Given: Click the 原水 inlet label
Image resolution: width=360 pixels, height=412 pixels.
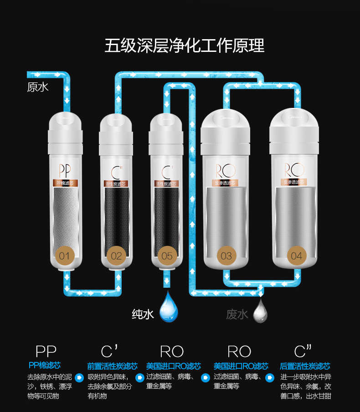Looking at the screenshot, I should (37, 86).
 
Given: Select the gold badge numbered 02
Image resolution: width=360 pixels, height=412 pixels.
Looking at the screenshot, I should (117, 255).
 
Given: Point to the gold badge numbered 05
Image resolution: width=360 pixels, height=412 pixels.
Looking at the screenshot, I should (167, 255).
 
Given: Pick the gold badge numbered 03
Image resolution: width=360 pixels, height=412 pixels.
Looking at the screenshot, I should (226, 255).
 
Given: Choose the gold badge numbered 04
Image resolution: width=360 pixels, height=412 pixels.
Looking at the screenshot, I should (296, 255).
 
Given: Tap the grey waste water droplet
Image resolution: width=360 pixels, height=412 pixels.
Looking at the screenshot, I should (260, 311).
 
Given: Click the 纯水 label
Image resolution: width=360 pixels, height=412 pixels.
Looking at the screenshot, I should (143, 314).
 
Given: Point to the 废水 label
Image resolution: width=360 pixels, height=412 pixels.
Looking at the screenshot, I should (237, 314).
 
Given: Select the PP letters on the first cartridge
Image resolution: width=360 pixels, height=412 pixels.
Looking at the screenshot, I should (65, 171).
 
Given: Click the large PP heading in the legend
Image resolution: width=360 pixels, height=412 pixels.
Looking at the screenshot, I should (46, 351).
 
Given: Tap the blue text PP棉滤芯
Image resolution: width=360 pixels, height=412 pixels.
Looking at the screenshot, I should (44, 365).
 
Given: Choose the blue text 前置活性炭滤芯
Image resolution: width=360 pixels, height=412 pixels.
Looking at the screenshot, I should (112, 366).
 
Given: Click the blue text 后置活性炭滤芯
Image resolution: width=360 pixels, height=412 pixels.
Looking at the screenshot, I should (305, 366).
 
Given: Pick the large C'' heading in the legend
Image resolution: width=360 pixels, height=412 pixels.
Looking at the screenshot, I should (303, 351).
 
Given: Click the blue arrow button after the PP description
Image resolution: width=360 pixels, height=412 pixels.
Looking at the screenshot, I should (79, 377).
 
